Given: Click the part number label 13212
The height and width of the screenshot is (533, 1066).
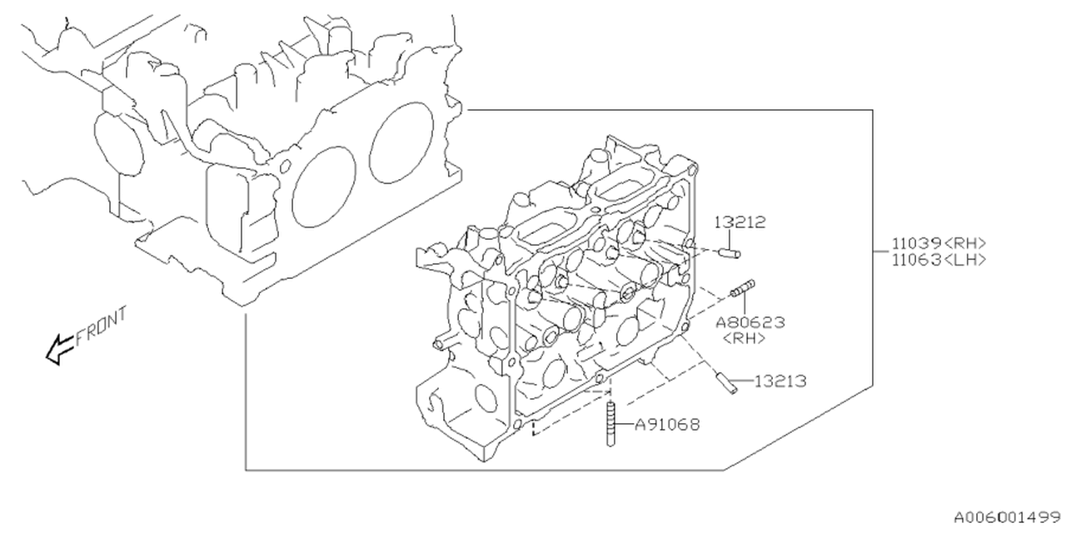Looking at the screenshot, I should click(x=740, y=222).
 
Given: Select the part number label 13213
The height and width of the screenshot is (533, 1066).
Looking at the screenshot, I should click(x=780, y=381).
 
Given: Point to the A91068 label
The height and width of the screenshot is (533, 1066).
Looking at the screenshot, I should click(x=667, y=425).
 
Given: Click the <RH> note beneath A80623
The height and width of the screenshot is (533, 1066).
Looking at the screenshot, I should click(x=745, y=337).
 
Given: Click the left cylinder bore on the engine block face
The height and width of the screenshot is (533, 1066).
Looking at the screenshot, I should click(x=323, y=183).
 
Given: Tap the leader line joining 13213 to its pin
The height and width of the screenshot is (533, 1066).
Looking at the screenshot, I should click(x=746, y=382).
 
